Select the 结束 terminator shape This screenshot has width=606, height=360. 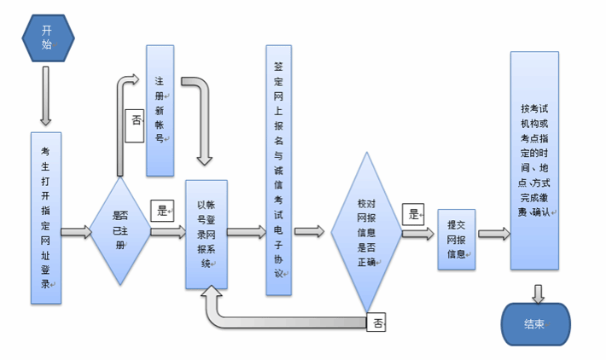tap(535, 325)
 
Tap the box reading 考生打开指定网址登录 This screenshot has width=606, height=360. tap(46, 218)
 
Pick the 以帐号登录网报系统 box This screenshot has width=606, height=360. tap(207, 233)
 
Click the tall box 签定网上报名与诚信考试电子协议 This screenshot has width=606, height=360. tap(278, 171)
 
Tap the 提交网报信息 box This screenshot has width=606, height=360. tap(456, 239)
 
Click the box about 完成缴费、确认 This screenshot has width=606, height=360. tap(534, 162)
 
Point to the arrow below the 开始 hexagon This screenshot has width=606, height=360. tap(46, 95)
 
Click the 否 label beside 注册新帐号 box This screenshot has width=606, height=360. tap(135, 120)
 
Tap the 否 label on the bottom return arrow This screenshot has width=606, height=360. tap(377, 322)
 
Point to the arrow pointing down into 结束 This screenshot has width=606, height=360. tap(537, 293)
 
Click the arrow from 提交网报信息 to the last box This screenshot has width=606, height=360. tap(493, 234)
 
